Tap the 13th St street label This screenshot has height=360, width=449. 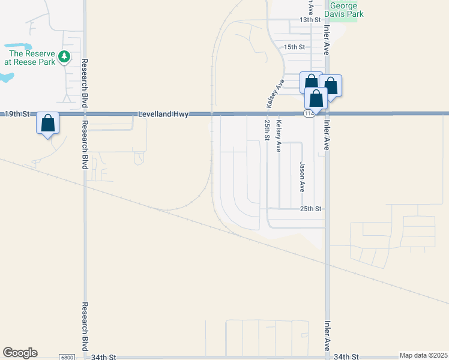310,20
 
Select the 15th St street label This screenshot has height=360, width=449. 295,47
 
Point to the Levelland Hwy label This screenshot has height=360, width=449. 163,113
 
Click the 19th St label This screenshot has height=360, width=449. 17,113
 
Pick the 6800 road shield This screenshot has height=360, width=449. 67,357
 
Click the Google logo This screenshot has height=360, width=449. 20,353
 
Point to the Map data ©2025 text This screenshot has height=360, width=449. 423,355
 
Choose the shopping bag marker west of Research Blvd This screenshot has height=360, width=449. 48,124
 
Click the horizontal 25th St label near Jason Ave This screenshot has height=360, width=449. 312,209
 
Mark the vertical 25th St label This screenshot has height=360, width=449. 267,130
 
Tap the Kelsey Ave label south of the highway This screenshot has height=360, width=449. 279,136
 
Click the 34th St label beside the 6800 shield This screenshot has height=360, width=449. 103,356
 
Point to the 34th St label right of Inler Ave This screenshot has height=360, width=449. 346,356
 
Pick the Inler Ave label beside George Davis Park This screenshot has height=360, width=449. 327,39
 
